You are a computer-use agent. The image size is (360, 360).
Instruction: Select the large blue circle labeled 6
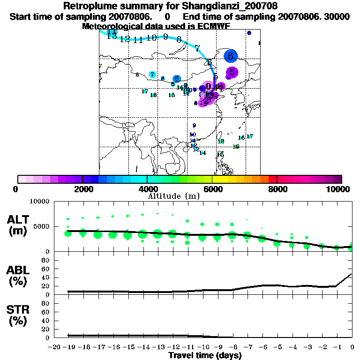point(231,56)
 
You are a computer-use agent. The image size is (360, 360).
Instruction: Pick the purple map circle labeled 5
point(232,72)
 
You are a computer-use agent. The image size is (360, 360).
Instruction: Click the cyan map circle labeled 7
point(152,75)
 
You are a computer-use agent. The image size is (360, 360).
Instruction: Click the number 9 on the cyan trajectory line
point(165,37)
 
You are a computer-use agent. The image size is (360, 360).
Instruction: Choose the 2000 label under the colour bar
point(82,189)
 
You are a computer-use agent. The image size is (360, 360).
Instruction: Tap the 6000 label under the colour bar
point(212,189)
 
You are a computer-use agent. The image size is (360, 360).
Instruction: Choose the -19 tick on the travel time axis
point(68,347)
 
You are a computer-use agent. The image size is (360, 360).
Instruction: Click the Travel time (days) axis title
point(205,355)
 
